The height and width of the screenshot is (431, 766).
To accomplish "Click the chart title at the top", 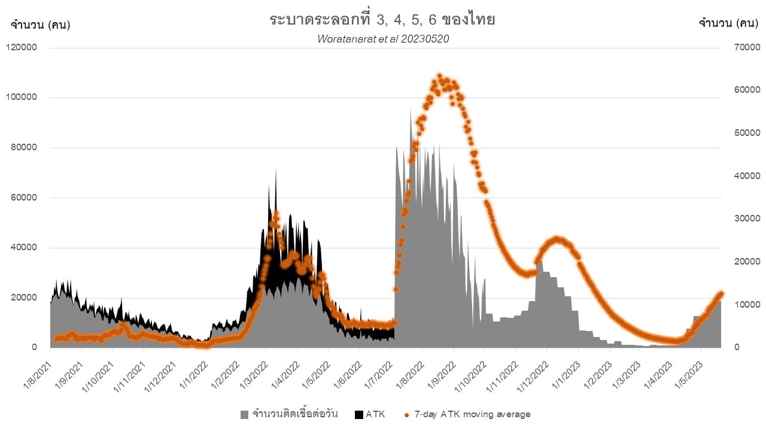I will [x=382, y=19].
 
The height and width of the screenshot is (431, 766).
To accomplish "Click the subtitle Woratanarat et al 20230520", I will [x=383, y=39].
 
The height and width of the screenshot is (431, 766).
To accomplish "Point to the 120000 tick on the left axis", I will [x=22, y=48].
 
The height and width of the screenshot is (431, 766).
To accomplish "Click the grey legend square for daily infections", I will [x=244, y=414].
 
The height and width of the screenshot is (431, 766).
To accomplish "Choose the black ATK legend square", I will [x=359, y=414].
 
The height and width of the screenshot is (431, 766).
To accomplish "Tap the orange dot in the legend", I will [x=406, y=414].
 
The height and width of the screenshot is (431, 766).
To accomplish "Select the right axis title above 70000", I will [x=729, y=24].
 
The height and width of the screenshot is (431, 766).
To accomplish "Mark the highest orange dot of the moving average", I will [x=439, y=76].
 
